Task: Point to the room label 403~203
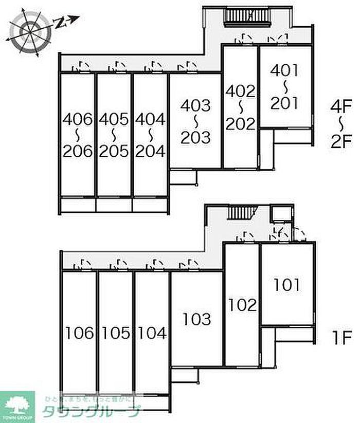point(195,121)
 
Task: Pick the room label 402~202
point(240,107)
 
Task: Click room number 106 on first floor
point(80,334)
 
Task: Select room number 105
point(116,334)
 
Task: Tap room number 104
point(152,334)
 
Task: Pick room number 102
point(242,305)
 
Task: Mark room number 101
point(287,284)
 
